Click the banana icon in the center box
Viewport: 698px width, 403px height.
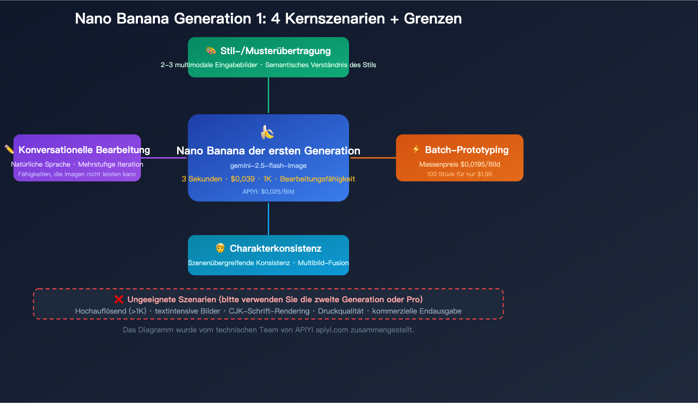[x=267, y=132]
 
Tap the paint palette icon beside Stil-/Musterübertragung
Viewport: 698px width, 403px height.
[x=211, y=51]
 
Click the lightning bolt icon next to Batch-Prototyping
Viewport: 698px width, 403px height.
[x=416, y=150]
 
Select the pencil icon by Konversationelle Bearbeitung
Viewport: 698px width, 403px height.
[x=9, y=150]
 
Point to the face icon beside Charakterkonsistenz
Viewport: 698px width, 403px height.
[x=220, y=248]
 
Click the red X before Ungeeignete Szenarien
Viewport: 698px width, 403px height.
[x=119, y=299]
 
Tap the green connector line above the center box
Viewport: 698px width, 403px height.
[x=268, y=95]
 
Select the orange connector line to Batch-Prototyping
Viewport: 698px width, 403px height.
[x=373, y=158]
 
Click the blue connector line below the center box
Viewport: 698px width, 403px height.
[x=268, y=218]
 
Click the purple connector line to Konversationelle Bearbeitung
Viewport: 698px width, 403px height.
[x=164, y=158]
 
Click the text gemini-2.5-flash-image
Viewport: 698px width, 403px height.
[x=268, y=166]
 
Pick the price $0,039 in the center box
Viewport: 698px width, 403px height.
[x=243, y=179]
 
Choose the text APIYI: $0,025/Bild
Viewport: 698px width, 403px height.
[x=268, y=191]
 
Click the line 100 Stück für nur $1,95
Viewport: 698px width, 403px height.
[x=459, y=174]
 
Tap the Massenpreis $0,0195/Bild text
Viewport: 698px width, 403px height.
[x=459, y=164]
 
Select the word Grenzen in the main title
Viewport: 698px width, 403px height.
[x=432, y=19]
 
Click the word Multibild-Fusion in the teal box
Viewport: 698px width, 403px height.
[x=323, y=263]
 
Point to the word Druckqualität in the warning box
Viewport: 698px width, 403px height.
[x=340, y=311]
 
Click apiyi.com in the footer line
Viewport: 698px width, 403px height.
[x=332, y=330]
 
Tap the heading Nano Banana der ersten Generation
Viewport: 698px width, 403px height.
[x=268, y=151]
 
